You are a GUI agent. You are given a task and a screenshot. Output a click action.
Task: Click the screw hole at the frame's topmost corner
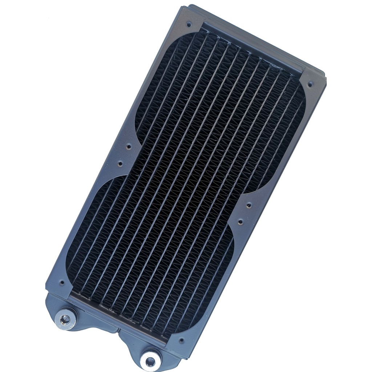(x=189, y=25)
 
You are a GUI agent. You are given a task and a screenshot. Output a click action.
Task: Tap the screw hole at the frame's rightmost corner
(x=310, y=84)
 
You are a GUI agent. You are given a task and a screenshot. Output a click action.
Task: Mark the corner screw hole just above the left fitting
(x=62, y=282)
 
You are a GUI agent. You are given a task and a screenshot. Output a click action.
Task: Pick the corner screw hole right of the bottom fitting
(x=181, y=341)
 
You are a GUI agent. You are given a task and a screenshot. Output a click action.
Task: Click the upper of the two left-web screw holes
(x=128, y=147)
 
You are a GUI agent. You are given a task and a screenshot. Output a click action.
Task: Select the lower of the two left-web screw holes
(x=120, y=163)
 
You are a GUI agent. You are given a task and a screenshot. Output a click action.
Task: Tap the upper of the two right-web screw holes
(x=249, y=205)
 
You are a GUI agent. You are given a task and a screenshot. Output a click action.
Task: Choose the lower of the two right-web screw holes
(x=240, y=221)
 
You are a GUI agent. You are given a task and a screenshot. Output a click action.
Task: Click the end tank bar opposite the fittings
(x=254, y=44)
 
